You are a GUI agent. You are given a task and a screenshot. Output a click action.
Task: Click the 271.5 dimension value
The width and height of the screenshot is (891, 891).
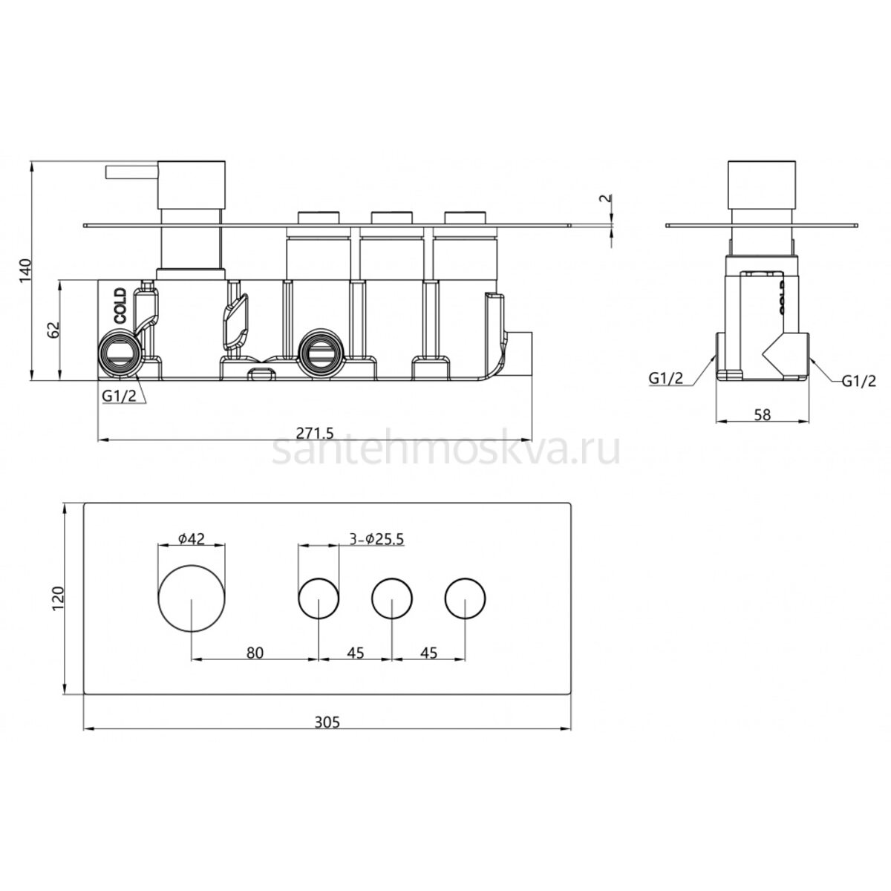point(314,433)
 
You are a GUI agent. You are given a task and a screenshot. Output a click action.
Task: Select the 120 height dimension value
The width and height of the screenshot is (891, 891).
point(58,598)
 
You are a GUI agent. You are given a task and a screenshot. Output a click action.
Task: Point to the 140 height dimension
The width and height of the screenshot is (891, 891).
point(25,270)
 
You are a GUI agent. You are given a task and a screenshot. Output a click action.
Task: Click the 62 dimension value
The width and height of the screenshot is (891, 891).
point(53,329)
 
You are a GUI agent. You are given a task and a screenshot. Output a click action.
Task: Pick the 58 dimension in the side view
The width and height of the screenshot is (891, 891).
point(762,415)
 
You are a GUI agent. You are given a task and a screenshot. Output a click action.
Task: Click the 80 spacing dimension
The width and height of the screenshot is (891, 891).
point(255,653)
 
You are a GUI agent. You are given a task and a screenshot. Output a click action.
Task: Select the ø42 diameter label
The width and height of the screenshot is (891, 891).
point(191,538)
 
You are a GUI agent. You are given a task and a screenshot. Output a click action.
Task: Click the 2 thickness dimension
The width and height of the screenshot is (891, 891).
point(605,198)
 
